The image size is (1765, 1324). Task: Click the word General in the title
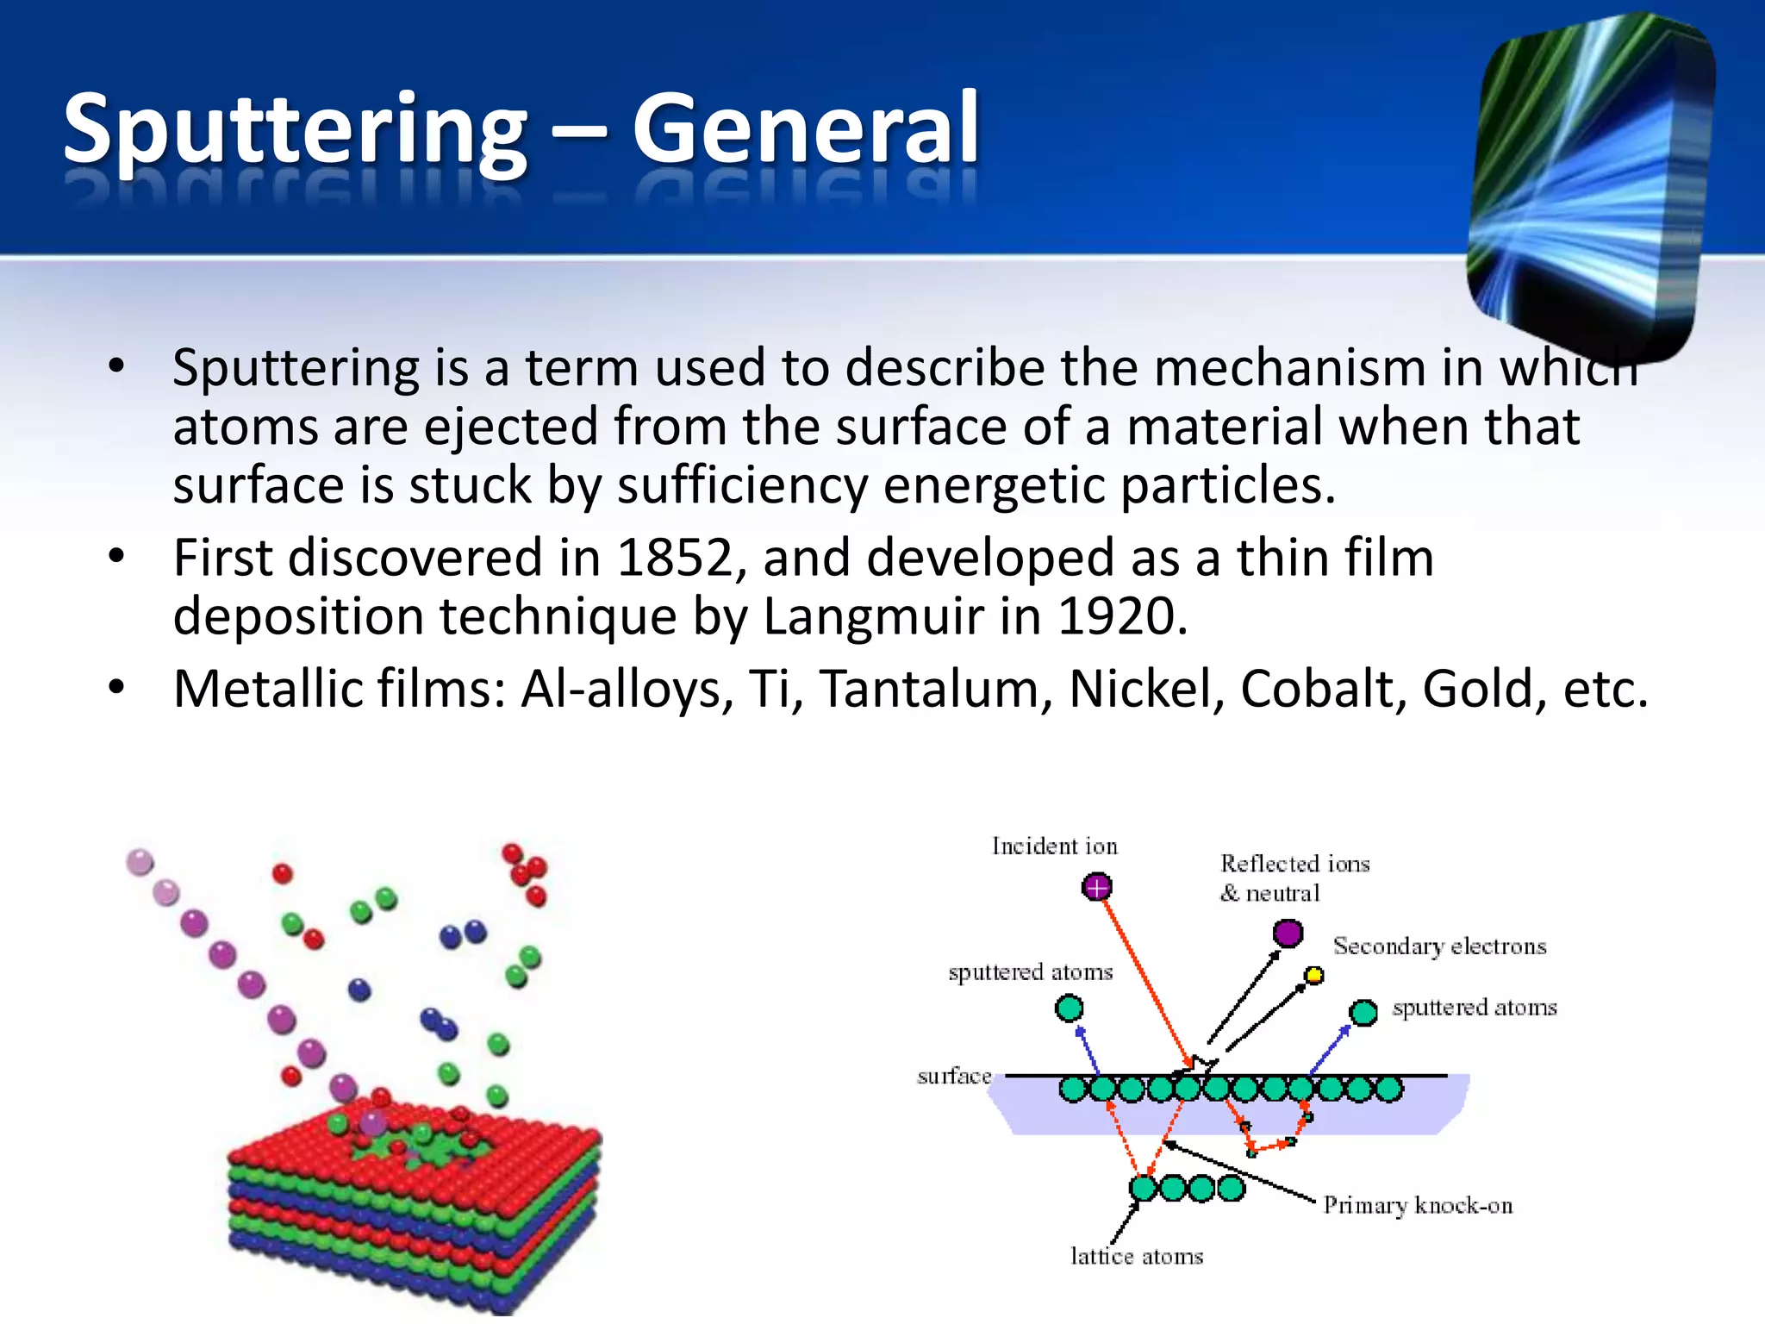[806, 129]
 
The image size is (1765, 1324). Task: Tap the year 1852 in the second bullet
[674, 558]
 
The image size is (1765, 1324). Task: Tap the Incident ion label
[1054, 846]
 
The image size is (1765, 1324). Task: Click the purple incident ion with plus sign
[1096, 886]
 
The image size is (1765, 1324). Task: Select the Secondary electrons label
[1439, 946]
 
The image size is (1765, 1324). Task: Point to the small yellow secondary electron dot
[1313, 975]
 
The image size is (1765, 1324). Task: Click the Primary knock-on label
[1418, 1205]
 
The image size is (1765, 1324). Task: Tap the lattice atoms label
[1136, 1257]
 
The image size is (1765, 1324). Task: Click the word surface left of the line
[954, 1076]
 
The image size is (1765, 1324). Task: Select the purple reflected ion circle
[1288, 933]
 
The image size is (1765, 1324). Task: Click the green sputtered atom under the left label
[1069, 1008]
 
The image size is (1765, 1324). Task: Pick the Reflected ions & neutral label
[1294, 877]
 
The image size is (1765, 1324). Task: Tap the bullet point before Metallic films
[117, 689]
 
